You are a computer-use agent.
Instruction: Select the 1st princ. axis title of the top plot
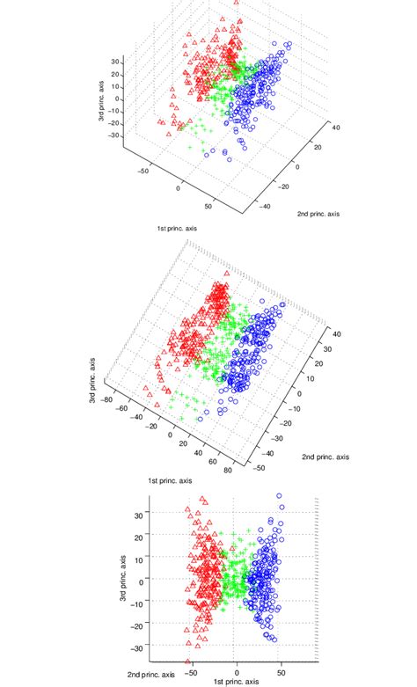coord(178,229)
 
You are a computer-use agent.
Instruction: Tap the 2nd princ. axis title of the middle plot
coord(326,457)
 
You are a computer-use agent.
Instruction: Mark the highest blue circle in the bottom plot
coord(280,496)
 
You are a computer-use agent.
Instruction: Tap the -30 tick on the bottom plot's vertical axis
coord(138,648)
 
